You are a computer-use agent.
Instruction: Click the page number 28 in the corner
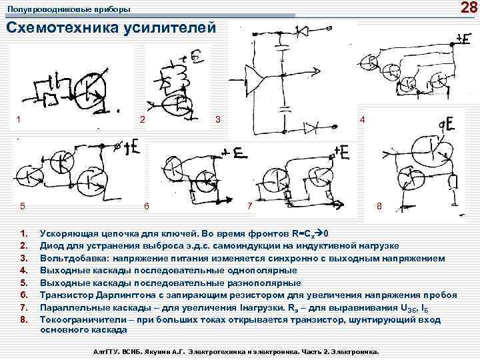(467, 8)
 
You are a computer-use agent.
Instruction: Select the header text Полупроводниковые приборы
(69, 9)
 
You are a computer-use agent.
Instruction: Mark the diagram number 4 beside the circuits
(362, 119)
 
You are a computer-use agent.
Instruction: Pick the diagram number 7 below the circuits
(249, 206)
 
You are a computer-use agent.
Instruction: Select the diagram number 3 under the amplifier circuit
(217, 120)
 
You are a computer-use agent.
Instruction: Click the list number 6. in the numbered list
(23, 295)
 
